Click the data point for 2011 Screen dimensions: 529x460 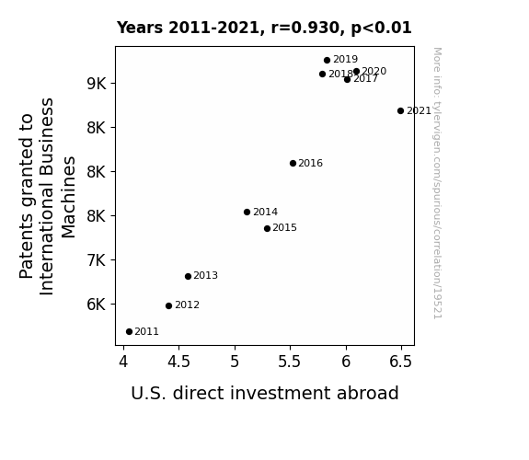pos(129,332)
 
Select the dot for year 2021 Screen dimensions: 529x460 pos(400,110)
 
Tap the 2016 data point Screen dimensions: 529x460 pos(293,164)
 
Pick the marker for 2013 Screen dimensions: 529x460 pos(188,276)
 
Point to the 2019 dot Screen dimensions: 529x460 pos(327,60)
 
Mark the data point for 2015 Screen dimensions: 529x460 pos(267,228)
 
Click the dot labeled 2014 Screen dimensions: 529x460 pos(247,212)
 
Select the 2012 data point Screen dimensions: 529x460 pos(168,305)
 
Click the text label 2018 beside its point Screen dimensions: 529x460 pos(340,74)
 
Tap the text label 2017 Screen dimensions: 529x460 pos(366,79)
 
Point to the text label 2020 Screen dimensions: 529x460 pos(374,71)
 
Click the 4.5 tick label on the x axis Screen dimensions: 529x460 pos(178,362)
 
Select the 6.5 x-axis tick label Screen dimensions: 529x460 pos(401,362)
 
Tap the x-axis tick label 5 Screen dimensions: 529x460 pos(235,362)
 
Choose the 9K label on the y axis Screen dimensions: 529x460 pos(97,84)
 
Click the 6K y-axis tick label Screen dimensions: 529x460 pos(97,305)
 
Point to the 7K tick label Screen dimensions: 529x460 pos(97,260)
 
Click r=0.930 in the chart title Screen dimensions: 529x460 pos(305,28)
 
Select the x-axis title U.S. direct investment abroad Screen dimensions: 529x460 pos(265,393)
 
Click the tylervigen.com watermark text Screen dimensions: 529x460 pos(437,183)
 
